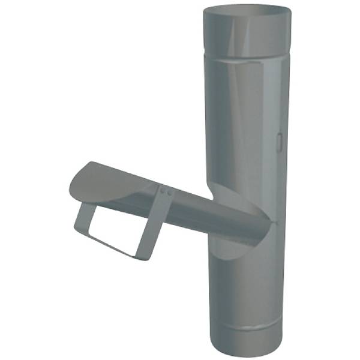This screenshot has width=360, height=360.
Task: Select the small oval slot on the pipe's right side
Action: [x=281, y=140]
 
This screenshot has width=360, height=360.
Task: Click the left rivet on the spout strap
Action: [x=163, y=191]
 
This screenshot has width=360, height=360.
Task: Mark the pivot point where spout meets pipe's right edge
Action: [x=275, y=223]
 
